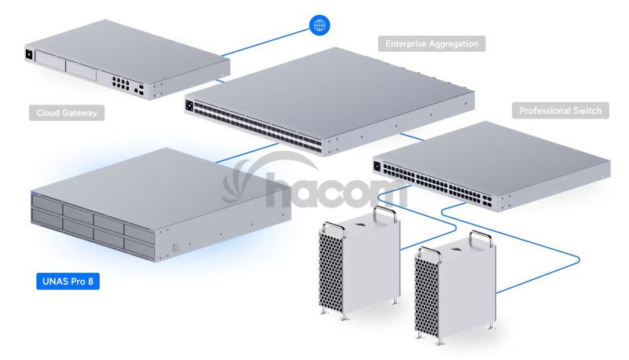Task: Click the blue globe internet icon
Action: pyautogui.click(x=319, y=25)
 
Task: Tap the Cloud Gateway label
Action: pyautogui.click(x=67, y=112)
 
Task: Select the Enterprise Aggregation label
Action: pyautogui.click(x=432, y=44)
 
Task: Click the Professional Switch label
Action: pyautogui.click(x=561, y=111)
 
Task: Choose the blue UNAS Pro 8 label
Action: pyautogui.click(x=68, y=280)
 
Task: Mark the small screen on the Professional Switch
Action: pyautogui.click(x=379, y=165)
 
